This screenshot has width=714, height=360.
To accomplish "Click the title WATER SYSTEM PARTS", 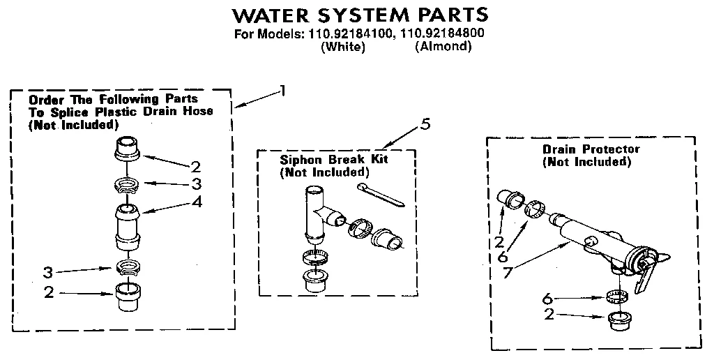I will click(x=359, y=15).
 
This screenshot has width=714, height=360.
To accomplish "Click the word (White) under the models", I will click(x=342, y=47).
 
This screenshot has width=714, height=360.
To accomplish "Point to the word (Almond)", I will click(x=443, y=47).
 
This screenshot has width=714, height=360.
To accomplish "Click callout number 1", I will click(x=282, y=89).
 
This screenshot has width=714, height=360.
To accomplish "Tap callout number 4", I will click(x=198, y=203).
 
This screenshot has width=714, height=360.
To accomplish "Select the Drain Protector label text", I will click(x=591, y=149).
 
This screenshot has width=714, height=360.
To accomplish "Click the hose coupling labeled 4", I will click(x=126, y=225).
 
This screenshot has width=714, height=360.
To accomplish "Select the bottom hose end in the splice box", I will click(x=126, y=299).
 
